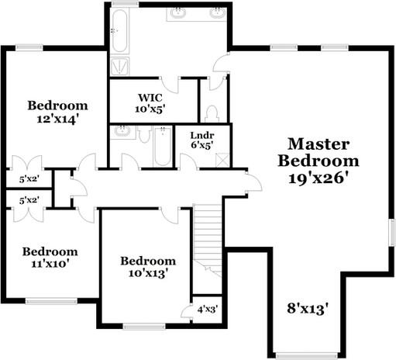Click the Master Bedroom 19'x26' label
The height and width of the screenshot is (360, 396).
319,161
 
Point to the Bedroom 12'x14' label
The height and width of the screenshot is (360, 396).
58,112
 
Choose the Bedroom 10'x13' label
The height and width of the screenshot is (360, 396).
146,266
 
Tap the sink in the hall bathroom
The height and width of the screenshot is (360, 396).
122,132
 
